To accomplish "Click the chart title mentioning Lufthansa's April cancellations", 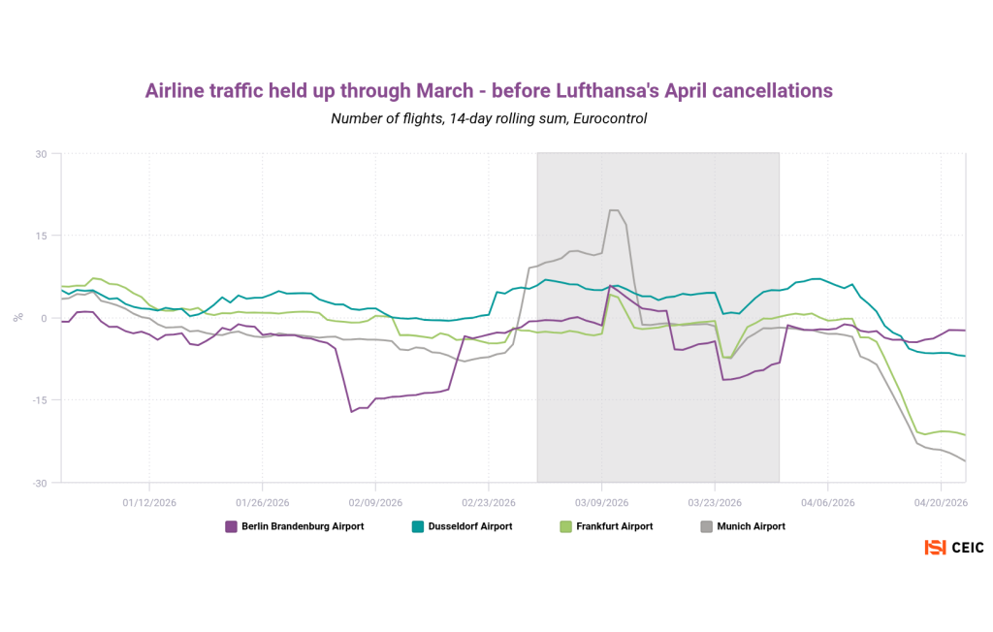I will [x=489, y=91].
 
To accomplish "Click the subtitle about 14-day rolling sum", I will [x=489, y=119].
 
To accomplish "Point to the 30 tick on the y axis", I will [x=41, y=153].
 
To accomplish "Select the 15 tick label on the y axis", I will [x=41, y=236].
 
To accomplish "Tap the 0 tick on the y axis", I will [x=44, y=318].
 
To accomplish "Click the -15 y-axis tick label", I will [x=39, y=400].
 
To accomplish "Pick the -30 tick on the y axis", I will [x=39, y=482].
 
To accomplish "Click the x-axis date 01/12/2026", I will [x=148, y=502].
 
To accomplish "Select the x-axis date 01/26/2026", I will [x=262, y=502].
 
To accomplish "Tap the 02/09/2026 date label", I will [x=375, y=502].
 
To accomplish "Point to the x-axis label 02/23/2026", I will [x=488, y=502].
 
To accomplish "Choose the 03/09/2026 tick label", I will [x=601, y=502].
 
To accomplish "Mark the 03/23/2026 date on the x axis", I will [x=715, y=502].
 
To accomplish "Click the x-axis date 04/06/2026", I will [x=827, y=502].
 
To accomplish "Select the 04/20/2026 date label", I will [x=941, y=502].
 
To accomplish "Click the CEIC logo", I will [x=954, y=548].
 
